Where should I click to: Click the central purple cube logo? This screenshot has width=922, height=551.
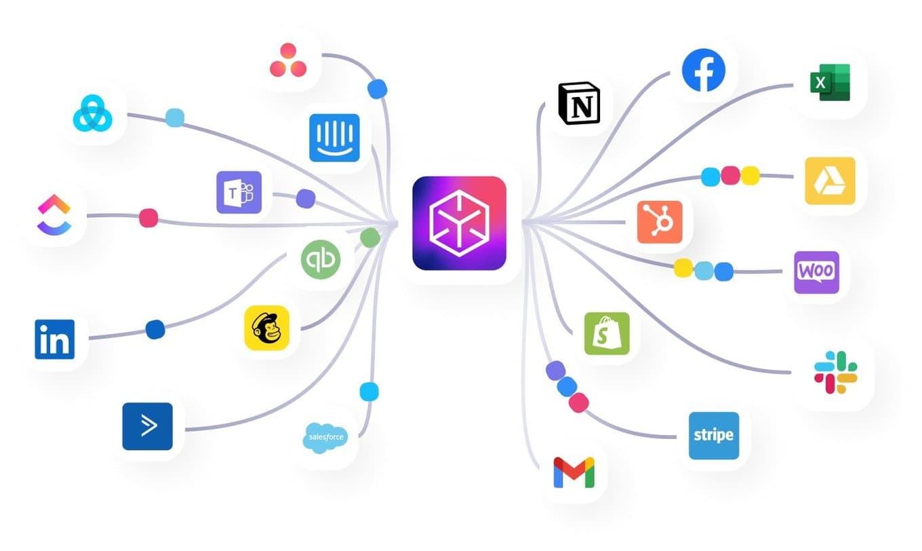tap(459, 223)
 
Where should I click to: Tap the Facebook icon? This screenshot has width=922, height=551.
tap(703, 70)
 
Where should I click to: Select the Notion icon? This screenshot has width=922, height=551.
tap(579, 104)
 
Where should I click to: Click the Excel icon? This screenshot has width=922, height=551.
tap(829, 82)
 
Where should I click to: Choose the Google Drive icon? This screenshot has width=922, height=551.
tap(830, 180)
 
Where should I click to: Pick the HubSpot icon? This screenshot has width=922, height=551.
tap(660, 222)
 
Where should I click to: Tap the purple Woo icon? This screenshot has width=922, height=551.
tap(816, 272)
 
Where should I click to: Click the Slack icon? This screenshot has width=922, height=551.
tap(835, 372)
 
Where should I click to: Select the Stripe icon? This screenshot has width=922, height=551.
tap(714, 435)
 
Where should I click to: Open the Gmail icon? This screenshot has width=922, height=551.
tap(574, 472)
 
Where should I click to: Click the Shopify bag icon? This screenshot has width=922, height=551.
tap(607, 333)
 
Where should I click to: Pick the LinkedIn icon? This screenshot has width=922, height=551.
tap(55, 339)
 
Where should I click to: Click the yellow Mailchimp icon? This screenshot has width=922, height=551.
tap(266, 327)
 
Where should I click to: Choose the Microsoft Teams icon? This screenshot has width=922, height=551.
tap(239, 192)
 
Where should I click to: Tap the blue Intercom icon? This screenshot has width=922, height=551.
tap(334, 138)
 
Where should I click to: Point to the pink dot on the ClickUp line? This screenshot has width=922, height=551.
tap(148, 218)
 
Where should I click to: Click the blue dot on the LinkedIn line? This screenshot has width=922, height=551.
tap(155, 329)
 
